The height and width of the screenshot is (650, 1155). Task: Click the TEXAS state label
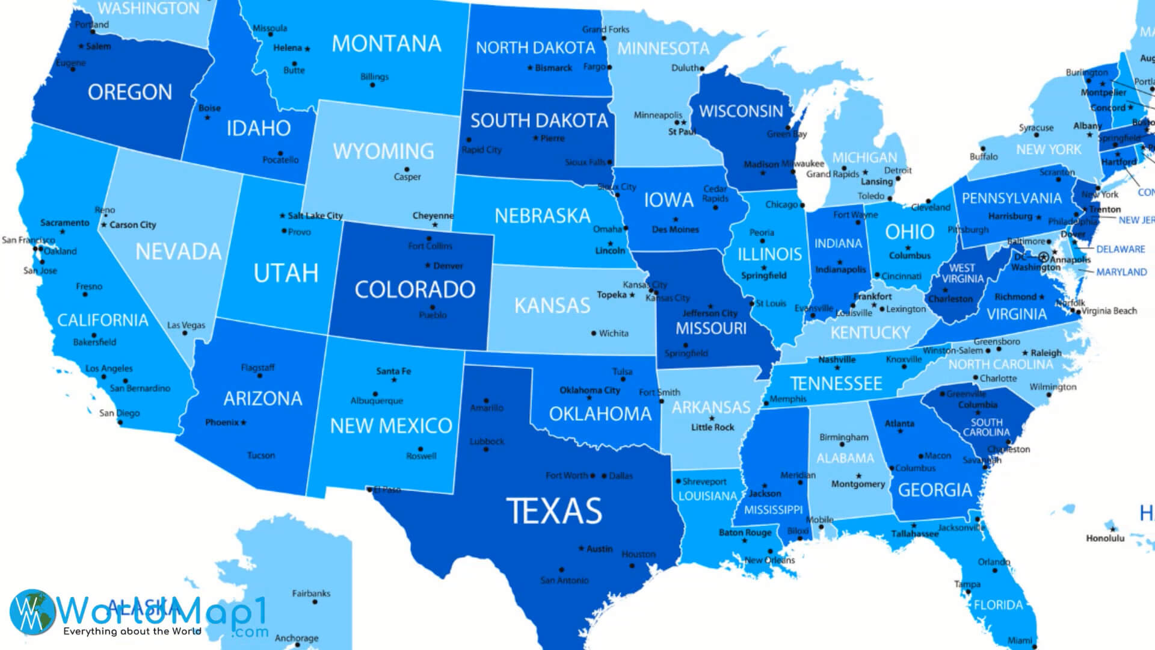pos(554,511)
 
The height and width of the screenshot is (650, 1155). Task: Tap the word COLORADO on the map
pos(414,289)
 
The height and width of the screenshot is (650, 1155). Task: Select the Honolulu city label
pos(1105,538)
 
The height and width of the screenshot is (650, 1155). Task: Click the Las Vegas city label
pos(186,325)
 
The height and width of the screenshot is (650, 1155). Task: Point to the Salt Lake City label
pos(315,215)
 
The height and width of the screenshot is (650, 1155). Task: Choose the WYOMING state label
pos(383,151)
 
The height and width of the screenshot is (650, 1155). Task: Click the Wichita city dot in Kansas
pos(594,333)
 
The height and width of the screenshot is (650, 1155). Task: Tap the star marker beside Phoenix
pos(244,422)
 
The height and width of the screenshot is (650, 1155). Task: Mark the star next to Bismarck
pos(530,68)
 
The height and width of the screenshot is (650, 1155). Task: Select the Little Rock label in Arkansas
pos(712,427)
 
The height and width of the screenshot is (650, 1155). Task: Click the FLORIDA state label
pos(998,605)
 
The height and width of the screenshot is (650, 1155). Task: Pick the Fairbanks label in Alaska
pos(311,593)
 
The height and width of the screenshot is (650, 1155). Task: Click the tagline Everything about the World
pos(132,631)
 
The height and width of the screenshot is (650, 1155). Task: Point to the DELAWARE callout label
pos(1120,249)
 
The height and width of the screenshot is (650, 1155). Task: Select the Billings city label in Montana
pos(374,76)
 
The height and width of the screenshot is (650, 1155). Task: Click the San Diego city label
pos(119,413)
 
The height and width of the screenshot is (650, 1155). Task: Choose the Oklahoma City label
pos(590,390)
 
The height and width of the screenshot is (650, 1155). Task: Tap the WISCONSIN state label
pos(741,111)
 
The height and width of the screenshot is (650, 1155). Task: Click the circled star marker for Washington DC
pos(1043,258)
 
